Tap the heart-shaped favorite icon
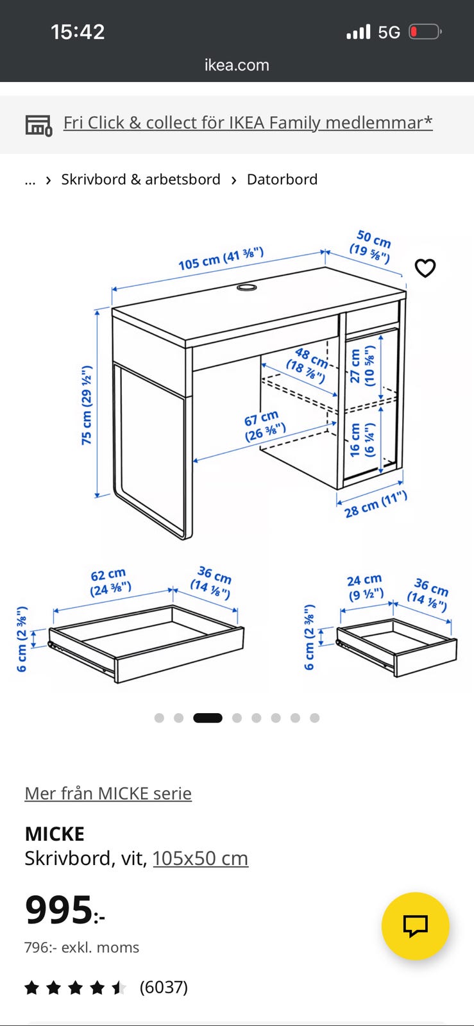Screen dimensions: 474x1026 click(x=425, y=268)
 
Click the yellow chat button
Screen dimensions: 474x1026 click(x=416, y=926)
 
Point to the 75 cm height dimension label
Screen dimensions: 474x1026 click(x=87, y=405)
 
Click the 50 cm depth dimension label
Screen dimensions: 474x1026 click(x=371, y=246)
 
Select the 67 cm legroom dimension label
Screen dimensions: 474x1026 click(x=264, y=426)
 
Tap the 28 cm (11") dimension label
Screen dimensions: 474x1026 click(x=375, y=504)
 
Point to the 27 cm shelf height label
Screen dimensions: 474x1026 click(x=362, y=366)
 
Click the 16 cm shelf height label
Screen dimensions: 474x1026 click(x=362, y=440)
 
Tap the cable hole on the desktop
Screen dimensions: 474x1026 click(x=246, y=288)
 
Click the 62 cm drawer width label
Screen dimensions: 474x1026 click(x=110, y=582)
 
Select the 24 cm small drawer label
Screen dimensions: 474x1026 click(x=366, y=587)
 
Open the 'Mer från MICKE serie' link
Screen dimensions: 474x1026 click(x=108, y=793)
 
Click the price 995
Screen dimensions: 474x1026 click(x=65, y=909)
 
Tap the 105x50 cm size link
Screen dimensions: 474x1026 click(x=200, y=858)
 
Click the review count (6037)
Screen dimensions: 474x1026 click(x=164, y=987)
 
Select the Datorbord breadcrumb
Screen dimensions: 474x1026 click(x=282, y=179)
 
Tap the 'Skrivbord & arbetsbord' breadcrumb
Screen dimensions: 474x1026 click(x=140, y=179)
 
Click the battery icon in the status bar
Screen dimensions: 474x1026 click(x=425, y=32)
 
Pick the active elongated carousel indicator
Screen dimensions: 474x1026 click(x=207, y=718)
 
